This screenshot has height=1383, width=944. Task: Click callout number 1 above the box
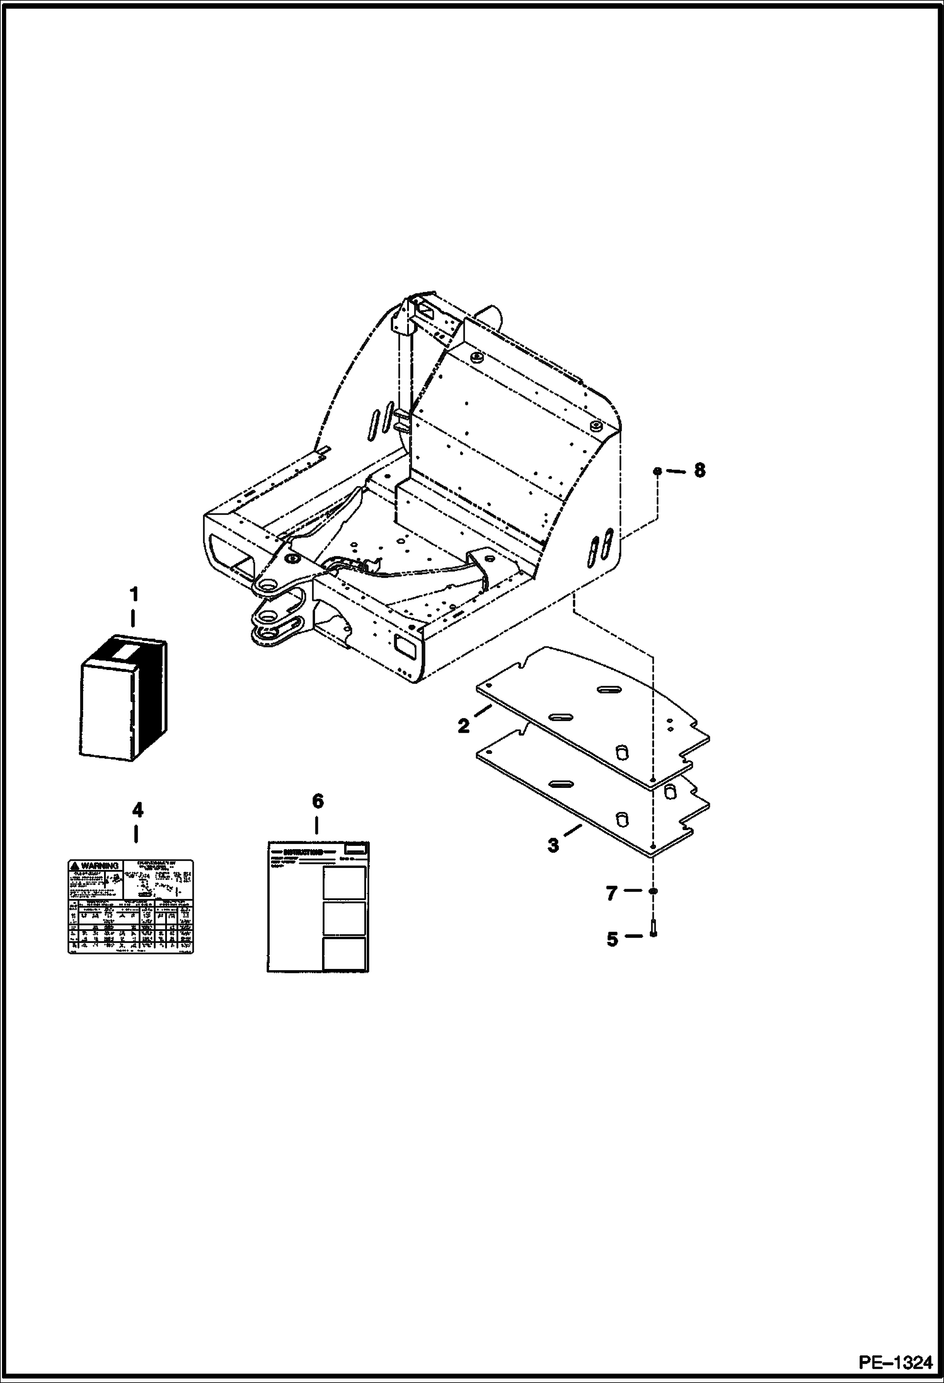click(x=133, y=594)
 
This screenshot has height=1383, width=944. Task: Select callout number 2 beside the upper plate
click(x=464, y=726)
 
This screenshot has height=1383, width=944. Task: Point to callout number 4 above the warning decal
click(x=136, y=809)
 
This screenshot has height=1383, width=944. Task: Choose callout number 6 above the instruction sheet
click(x=317, y=801)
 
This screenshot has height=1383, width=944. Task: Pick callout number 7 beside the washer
click(x=611, y=893)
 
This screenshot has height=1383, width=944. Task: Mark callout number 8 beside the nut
click(x=699, y=470)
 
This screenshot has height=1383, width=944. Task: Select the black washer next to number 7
click(x=653, y=891)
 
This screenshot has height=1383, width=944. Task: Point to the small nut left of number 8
click(x=657, y=471)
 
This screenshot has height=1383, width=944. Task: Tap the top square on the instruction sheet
click(x=344, y=882)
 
